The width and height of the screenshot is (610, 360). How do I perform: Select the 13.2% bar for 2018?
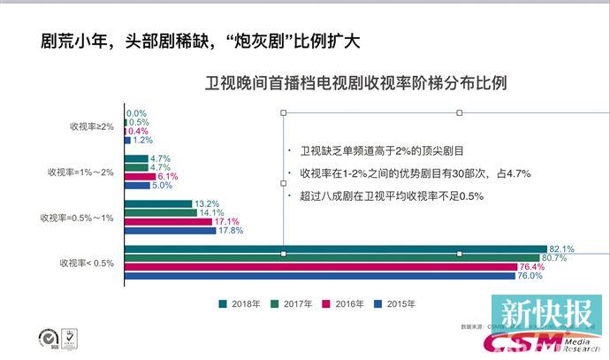159,203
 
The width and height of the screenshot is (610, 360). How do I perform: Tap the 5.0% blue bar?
136,185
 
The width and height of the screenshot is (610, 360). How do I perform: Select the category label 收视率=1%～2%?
81,172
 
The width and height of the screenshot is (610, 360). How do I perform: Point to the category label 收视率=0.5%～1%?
77,218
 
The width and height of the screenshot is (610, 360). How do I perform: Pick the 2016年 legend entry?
345,303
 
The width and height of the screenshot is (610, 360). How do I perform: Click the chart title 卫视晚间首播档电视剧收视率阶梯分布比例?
355,84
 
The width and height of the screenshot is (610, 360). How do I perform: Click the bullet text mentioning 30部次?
416,173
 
